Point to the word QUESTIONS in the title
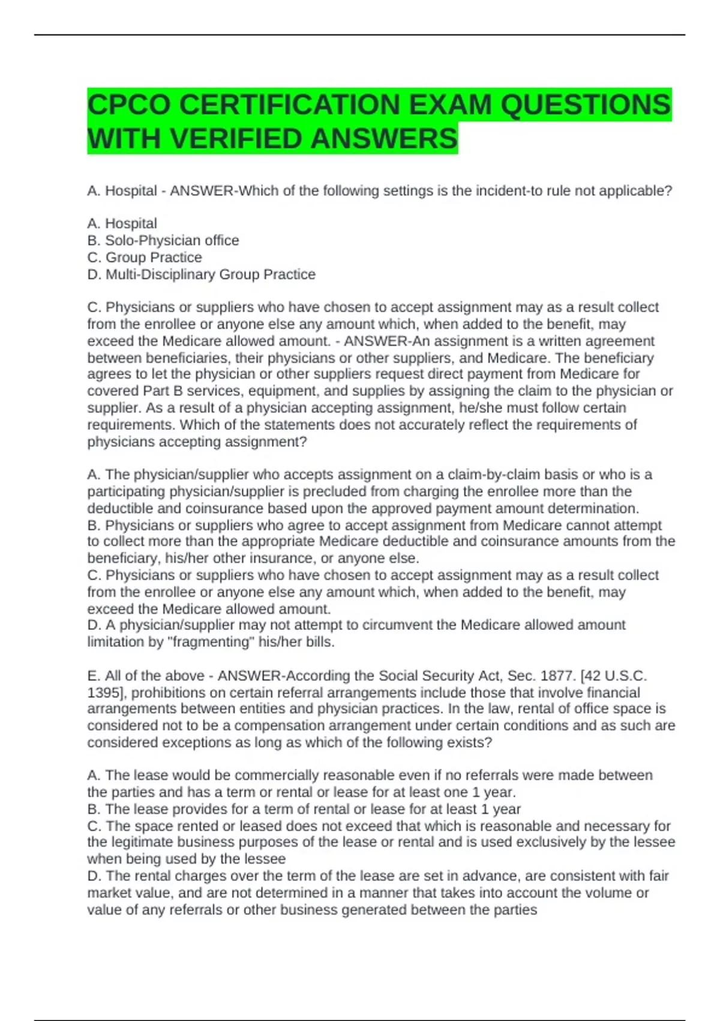click(x=585, y=105)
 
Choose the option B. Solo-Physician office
click(x=163, y=240)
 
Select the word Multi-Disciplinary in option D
click(x=160, y=274)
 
